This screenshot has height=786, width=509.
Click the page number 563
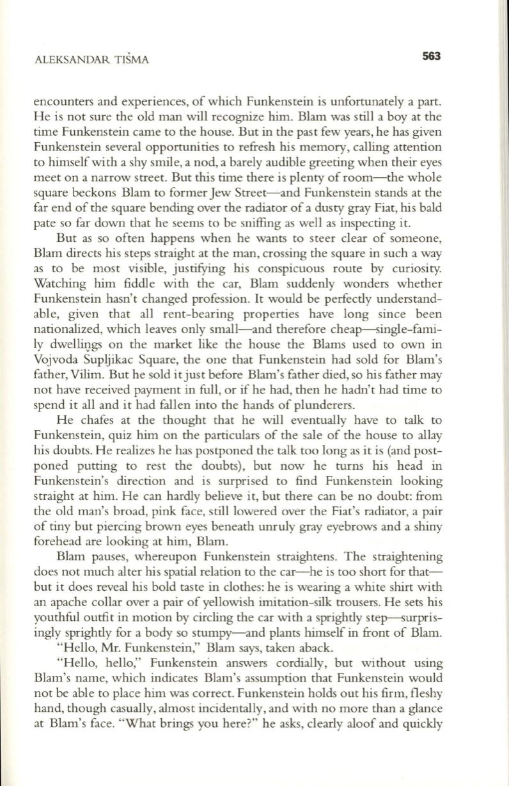432,56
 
